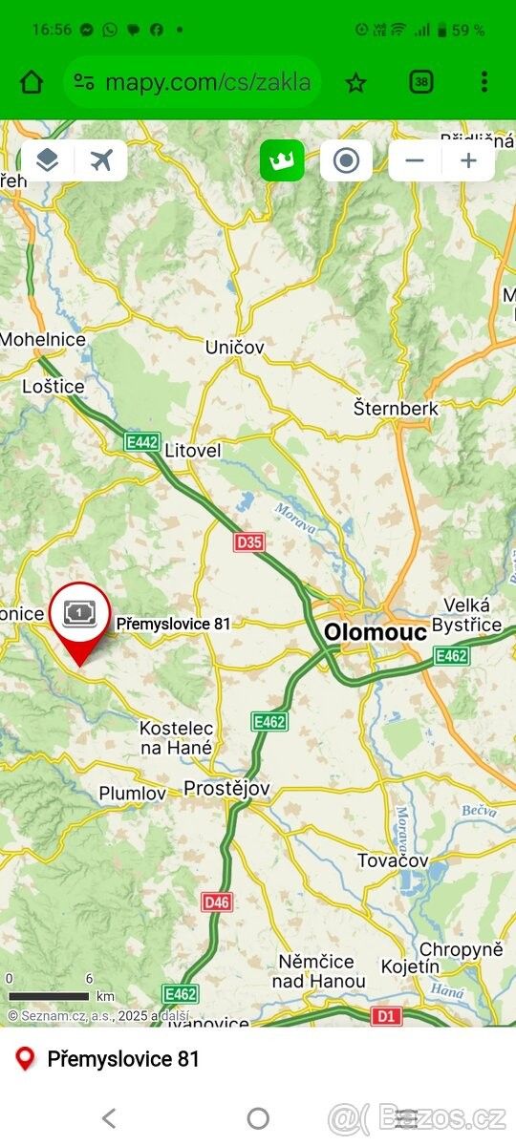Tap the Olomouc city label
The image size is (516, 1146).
[375, 631]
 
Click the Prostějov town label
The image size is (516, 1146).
[226, 789]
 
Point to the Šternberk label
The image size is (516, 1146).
[396, 408]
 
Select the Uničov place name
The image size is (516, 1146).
[234, 348]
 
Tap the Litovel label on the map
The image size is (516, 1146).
[193, 449]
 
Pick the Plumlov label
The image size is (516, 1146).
[133, 794]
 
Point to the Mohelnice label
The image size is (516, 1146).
[43, 339]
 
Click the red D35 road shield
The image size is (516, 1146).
[248, 542]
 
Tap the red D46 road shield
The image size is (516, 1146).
[217, 902]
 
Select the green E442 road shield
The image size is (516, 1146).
[142, 441]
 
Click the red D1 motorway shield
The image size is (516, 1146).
[386, 1016]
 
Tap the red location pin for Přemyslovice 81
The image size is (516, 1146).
[79, 621]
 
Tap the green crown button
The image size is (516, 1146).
[282, 160]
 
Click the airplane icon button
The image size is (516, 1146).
[102, 160]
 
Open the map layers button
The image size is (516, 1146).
[47, 160]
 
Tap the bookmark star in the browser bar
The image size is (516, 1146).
[355, 83]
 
